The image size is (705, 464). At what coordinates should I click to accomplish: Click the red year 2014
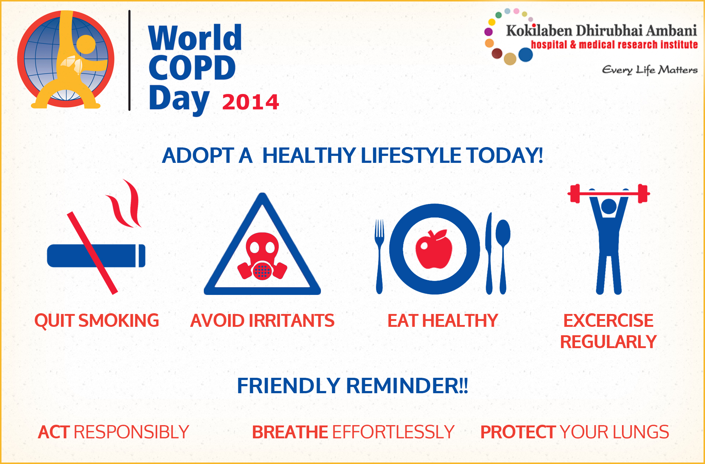pos(250,102)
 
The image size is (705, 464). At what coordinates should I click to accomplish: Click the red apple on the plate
pos(434,249)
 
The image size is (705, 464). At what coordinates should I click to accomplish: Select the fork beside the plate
pos(379,256)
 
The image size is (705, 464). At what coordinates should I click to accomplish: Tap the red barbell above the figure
pos(608,193)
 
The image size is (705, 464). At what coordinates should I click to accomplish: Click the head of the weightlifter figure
pos(609,206)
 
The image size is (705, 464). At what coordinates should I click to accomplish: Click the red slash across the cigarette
pos(92,253)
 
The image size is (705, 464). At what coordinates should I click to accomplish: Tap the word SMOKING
pos(119,321)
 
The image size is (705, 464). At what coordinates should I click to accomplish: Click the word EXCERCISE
pos(608,321)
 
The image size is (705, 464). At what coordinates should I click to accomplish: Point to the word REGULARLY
pos(608,342)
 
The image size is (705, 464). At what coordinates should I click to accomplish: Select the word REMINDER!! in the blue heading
pos(407,386)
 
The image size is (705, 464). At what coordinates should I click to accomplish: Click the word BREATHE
pos(290,432)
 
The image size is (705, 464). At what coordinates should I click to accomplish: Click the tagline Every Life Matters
pos(650,70)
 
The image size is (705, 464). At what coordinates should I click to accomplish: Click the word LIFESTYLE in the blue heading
pos(411,155)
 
